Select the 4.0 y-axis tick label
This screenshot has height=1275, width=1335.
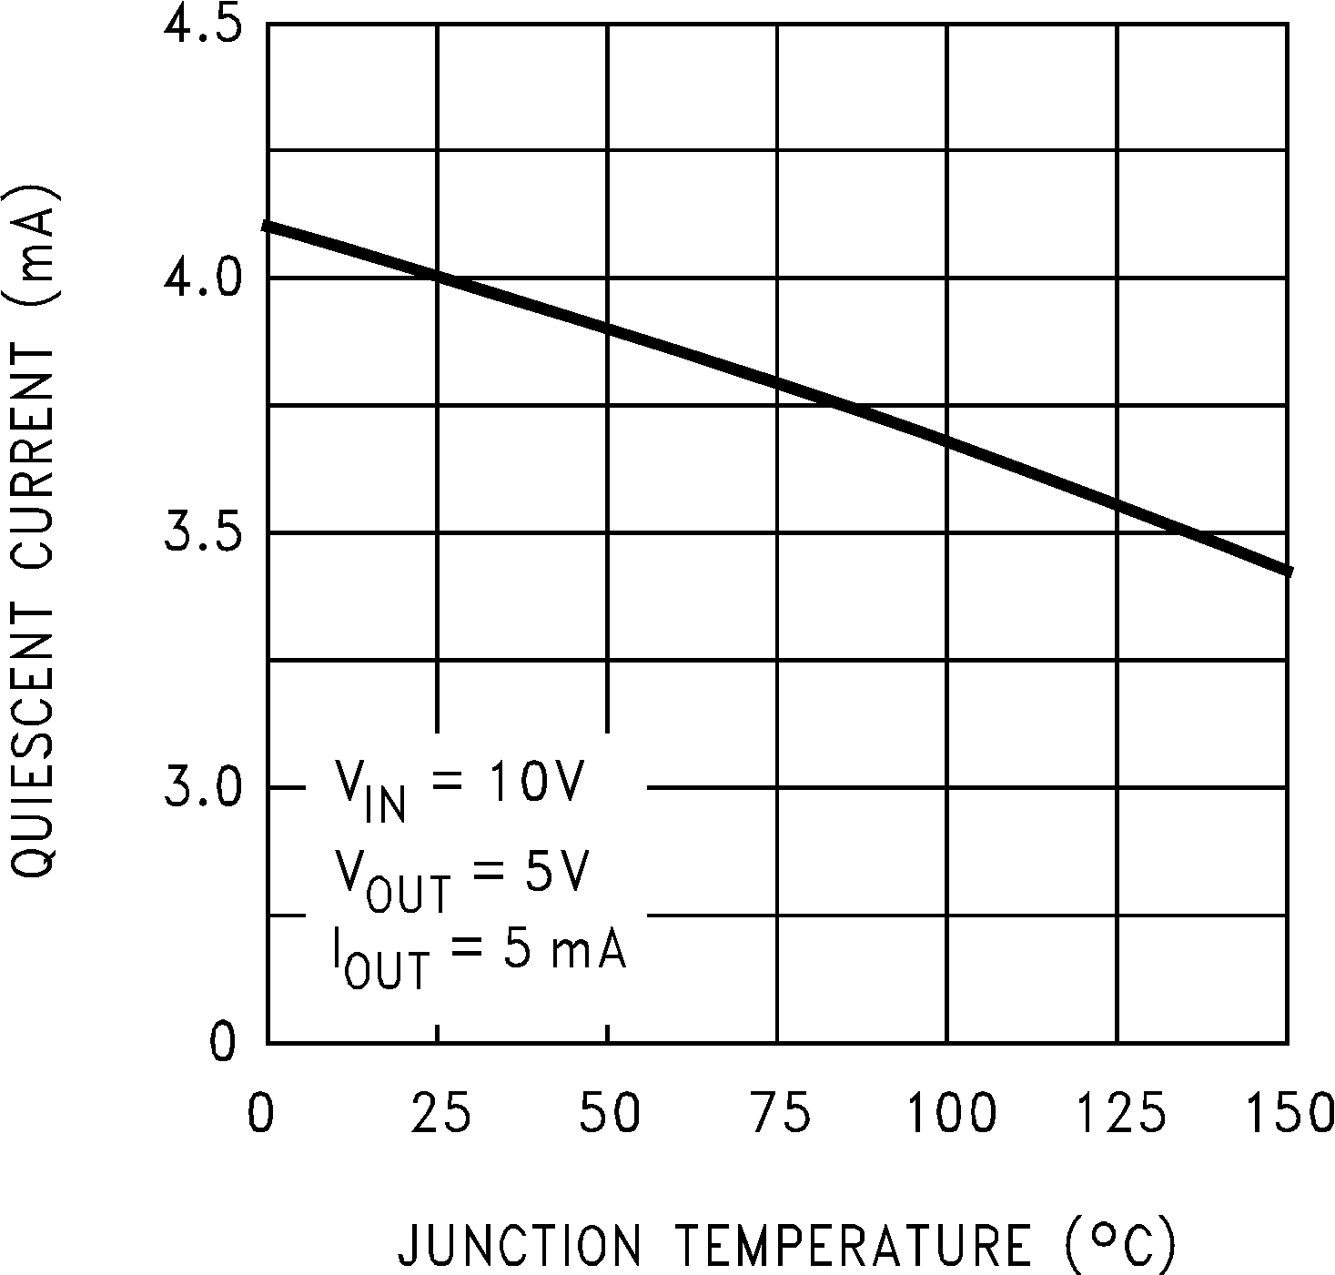pos(201,277)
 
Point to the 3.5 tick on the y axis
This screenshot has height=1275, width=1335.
pos(201,531)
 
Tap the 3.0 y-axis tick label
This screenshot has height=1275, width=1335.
pos(201,787)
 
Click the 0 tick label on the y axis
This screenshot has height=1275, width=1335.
pos(223,1043)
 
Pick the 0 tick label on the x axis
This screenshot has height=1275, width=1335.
pos(261,1114)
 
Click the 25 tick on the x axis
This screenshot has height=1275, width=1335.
pos(440,1114)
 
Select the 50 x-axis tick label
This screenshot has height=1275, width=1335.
pos(610,1114)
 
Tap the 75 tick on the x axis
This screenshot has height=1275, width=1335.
pos(779,1114)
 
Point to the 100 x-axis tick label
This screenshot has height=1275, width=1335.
pos(950,1114)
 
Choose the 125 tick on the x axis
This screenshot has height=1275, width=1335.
pos(1119,1114)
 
